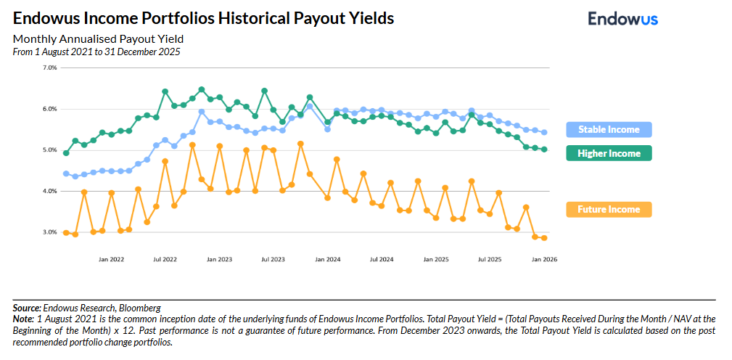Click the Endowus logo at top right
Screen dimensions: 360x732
pyautogui.click(x=622, y=19)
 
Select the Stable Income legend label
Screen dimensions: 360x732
pyautogui.click(x=609, y=130)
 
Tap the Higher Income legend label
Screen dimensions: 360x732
pyautogui.click(x=609, y=153)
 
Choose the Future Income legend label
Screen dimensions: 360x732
pyautogui.click(x=609, y=210)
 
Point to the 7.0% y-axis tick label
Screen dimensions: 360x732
pyautogui.click(x=50, y=67)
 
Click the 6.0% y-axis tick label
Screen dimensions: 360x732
pyautogui.click(x=50, y=109)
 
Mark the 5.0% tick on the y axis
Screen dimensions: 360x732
pyautogui.click(x=50, y=150)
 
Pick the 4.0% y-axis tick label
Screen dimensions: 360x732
pyautogui.click(x=50, y=192)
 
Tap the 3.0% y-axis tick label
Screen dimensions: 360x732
pyautogui.click(x=50, y=233)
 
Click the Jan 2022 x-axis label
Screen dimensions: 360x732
pyautogui.click(x=111, y=259)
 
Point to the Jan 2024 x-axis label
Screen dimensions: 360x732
pyautogui.click(x=328, y=259)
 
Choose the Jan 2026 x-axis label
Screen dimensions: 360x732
pyautogui.click(x=544, y=259)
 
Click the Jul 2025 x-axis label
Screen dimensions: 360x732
pyautogui.click(x=490, y=259)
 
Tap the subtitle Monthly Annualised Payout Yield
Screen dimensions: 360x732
pyautogui.click(x=98, y=39)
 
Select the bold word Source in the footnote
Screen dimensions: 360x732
pyautogui.click(x=26, y=308)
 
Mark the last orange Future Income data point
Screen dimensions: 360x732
pyautogui.click(x=543, y=238)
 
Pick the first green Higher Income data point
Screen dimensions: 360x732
pyautogui.click(x=66, y=153)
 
